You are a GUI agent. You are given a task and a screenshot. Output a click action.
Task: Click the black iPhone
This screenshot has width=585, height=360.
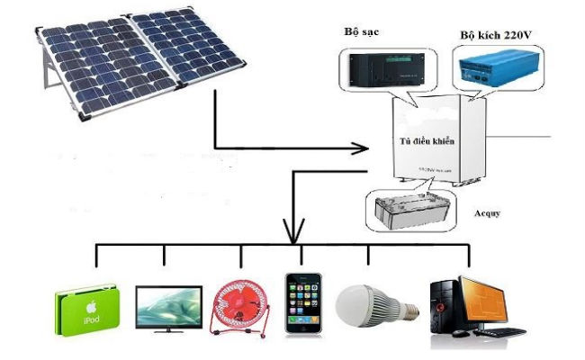[x=301, y=304]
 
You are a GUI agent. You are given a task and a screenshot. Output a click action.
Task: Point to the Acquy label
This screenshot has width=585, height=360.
[x=487, y=214]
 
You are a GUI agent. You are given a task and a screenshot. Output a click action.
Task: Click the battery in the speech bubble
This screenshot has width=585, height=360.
[x=410, y=208]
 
